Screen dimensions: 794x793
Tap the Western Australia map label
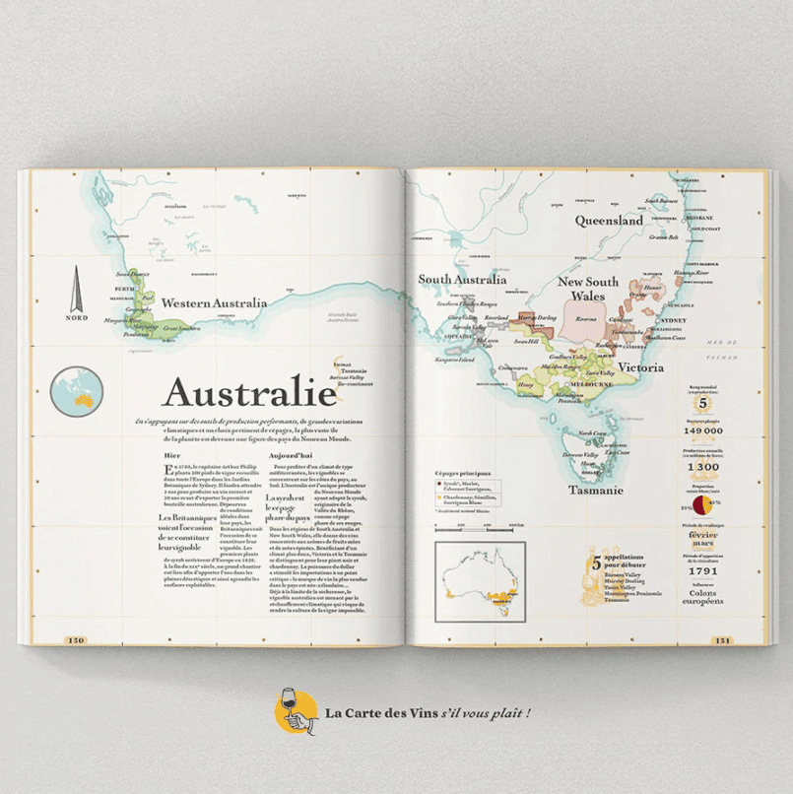(x=214, y=303)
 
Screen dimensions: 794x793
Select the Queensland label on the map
(x=609, y=221)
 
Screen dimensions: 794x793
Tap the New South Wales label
(x=588, y=289)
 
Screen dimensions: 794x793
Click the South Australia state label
(x=462, y=280)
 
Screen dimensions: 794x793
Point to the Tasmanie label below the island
(x=597, y=490)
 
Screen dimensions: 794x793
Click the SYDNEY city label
(x=674, y=321)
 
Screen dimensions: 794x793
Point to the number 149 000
(x=703, y=430)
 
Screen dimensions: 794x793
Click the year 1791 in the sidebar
(x=703, y=570)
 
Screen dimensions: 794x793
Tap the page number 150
(x=76, y=640)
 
